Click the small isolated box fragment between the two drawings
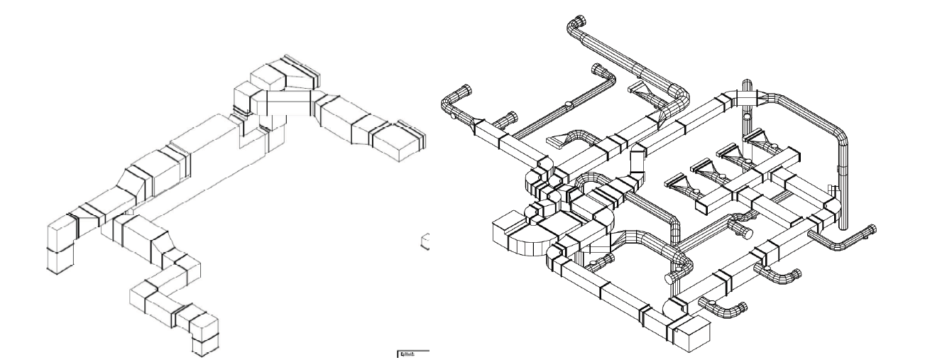(426, 242)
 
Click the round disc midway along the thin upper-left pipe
(569, 107)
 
